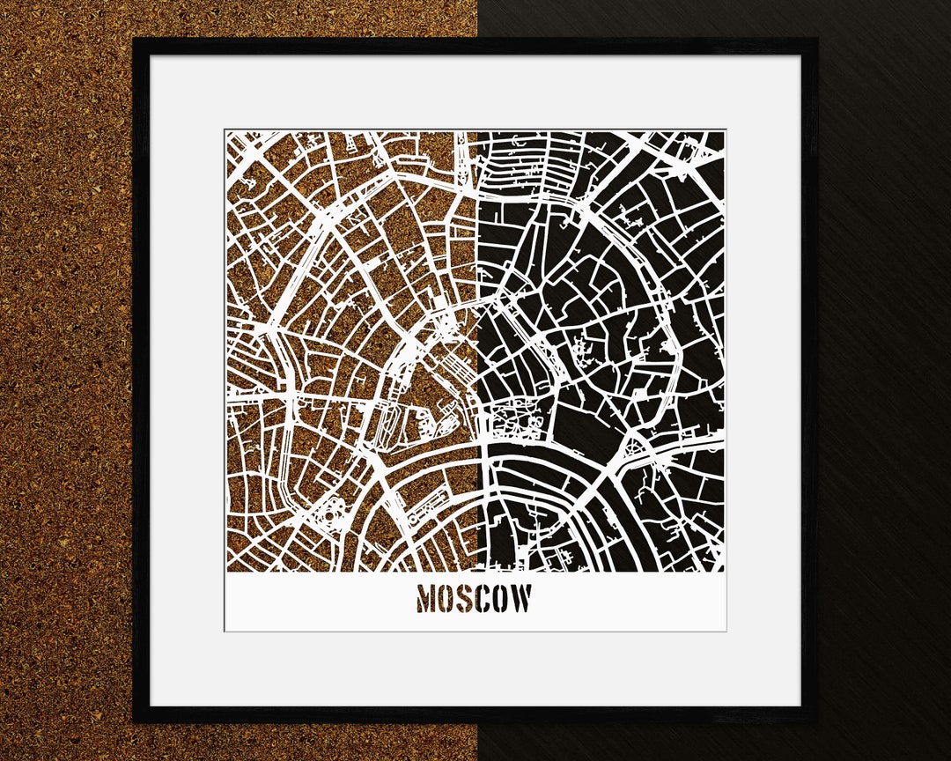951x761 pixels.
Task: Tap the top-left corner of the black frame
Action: [x=135, y=40]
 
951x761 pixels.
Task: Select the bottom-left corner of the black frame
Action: [x=135, y=721]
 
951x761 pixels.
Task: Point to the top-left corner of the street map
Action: [x=226, y=132]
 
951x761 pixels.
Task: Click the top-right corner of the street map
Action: [x=725, y=132]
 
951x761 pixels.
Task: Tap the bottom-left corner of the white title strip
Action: [x=225, y=630]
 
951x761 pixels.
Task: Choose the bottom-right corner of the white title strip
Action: [x=726, y=630]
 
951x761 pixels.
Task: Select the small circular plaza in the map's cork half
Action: [x=335, y=510]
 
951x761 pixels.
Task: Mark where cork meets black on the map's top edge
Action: [x=476, y=132]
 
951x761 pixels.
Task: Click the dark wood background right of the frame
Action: [x=885, y=379]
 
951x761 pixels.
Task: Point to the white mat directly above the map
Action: [x=475, y=92]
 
